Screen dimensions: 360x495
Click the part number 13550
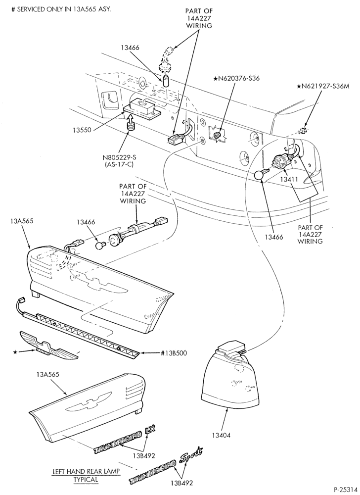(81, 130)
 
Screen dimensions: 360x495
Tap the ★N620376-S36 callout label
(237, 78)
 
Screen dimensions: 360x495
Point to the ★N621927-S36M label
(323, 86)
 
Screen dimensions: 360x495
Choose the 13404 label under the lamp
(221, 435)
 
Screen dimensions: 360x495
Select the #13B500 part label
(174, 353)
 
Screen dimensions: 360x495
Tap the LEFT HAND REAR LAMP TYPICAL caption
(86, 475)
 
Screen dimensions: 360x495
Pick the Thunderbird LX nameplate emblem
(125, 439)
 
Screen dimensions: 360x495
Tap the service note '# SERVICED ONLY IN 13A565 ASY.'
(61, 9)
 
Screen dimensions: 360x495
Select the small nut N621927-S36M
(303, 130)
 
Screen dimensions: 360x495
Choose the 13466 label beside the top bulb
(130, 48)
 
